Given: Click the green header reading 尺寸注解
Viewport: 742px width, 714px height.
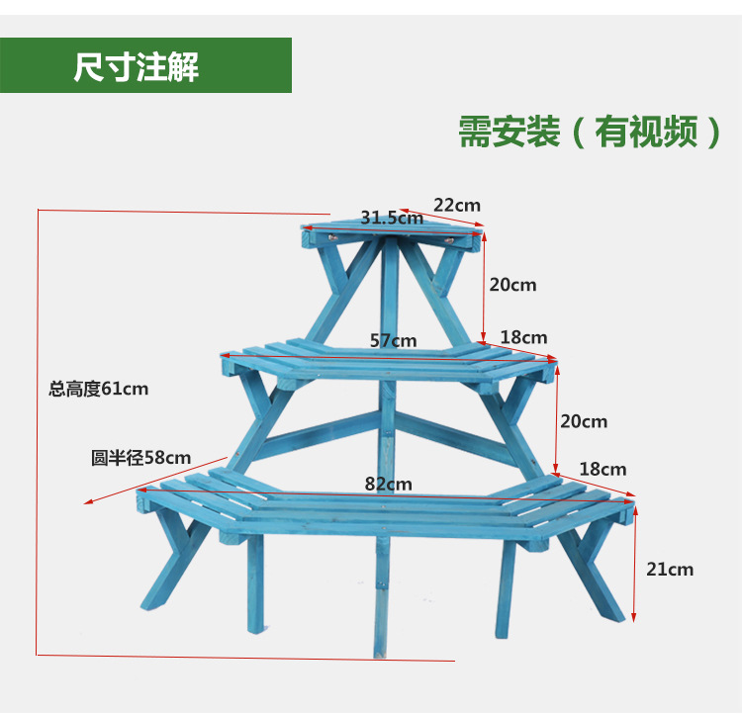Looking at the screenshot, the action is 145,66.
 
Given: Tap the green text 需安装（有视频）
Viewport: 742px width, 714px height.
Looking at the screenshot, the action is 591,132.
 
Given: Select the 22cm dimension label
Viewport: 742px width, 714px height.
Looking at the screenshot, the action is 456,205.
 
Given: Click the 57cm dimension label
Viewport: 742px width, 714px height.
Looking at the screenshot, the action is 393,340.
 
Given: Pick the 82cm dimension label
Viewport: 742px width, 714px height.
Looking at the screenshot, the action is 388,484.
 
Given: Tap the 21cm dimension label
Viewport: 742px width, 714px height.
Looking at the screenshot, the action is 670,569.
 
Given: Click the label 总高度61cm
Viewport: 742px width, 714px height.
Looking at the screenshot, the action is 99,389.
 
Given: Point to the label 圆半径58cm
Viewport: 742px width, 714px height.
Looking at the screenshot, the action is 140,458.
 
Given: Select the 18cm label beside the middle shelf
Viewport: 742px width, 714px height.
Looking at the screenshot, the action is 523,338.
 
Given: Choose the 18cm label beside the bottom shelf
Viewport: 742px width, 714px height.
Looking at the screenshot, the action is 603,469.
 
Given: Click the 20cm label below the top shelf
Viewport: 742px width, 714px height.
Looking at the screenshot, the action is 512,285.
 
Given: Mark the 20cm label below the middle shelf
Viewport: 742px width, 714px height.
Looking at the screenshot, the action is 584,421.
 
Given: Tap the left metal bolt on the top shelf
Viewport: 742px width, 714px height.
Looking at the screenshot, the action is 332,237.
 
